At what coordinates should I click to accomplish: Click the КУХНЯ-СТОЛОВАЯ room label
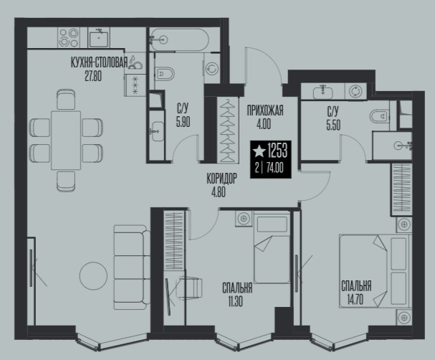100,62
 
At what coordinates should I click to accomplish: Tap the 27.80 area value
93,76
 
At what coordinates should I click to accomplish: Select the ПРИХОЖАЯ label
265,110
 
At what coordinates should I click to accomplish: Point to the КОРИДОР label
222,179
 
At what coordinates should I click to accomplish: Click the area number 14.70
355,300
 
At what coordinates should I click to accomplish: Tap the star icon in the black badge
259,151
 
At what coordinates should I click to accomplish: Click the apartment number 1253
277,151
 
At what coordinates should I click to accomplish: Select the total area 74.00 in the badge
274,168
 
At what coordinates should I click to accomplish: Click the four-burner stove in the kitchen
69,38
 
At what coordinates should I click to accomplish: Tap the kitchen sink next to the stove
98,38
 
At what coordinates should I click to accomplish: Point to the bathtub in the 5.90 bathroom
178,39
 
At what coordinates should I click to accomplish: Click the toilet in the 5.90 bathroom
164,74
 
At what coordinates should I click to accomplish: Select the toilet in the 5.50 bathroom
380,116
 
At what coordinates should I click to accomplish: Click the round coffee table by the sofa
93,276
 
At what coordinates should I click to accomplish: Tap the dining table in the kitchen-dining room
66,141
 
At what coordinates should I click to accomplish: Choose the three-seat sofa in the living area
130,267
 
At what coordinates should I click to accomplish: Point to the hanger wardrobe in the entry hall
228,131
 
